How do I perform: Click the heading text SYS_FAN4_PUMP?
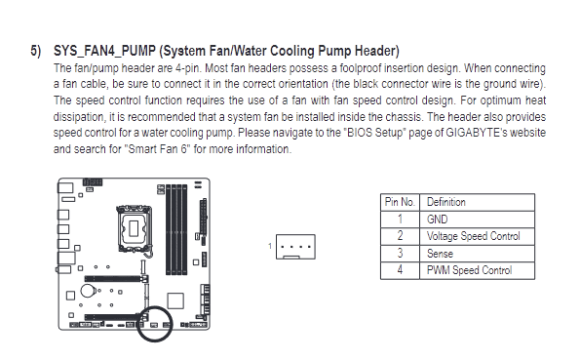(104, 51)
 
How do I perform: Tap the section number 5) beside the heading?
(36, 51)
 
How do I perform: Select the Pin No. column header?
(400, 202)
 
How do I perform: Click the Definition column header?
(446, 202)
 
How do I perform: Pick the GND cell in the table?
(438, 220)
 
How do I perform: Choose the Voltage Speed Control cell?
(474, 236)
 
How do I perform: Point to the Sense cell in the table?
(440, 254)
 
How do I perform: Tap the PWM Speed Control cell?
(470, 270)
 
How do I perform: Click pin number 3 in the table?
(400, 254)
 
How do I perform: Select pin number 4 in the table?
(400, 270)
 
